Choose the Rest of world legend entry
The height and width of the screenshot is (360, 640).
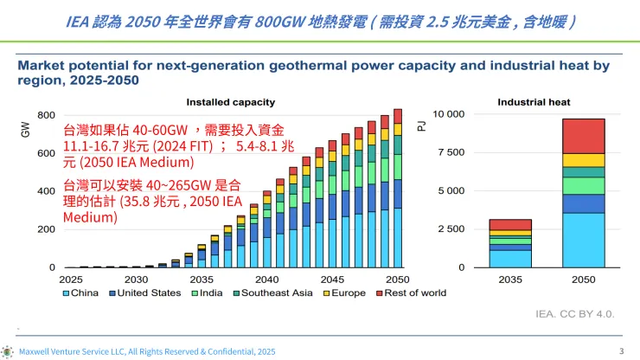point(412,292)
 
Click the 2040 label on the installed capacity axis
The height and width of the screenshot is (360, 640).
point(266,280)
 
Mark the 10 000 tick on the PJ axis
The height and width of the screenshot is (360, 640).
point(448,115)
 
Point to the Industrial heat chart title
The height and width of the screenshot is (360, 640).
point(534,102)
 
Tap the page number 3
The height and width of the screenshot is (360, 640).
point(622,350)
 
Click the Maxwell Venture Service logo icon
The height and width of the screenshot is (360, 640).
point(8,351)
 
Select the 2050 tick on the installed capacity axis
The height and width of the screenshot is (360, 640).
point(397,280)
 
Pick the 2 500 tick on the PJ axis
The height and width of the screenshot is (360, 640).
point(451,229)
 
